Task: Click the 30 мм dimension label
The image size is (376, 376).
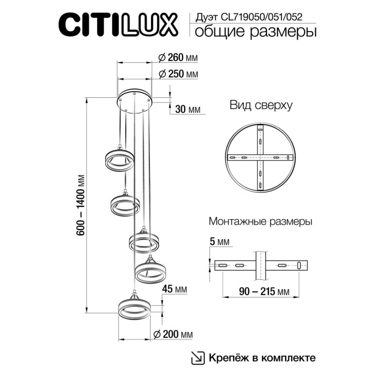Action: (188, 109)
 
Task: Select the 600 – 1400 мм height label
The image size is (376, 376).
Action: (82, 205)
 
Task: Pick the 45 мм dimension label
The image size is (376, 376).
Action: (173, 290)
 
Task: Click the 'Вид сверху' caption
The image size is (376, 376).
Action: (261, 105)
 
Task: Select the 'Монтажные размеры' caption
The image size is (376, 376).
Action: (260, 221)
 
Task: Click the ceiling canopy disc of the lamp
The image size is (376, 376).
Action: (135, 98)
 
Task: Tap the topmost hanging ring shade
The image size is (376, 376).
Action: (116, 160)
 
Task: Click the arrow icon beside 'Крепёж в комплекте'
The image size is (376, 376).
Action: (198, 357)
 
